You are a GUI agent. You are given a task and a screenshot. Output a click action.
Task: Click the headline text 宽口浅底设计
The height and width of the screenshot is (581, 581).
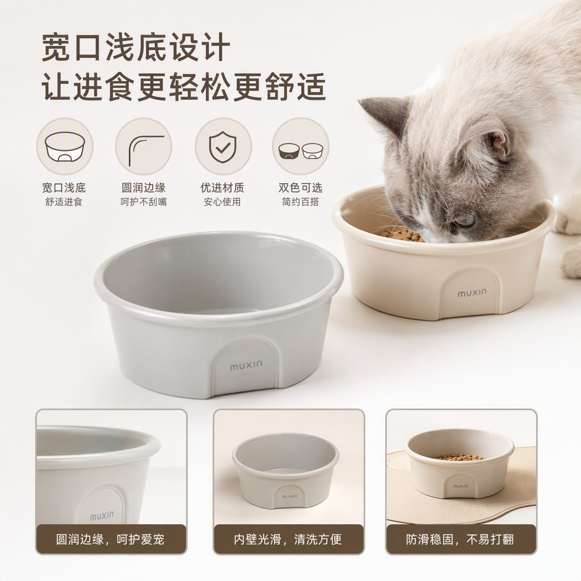[136, 47]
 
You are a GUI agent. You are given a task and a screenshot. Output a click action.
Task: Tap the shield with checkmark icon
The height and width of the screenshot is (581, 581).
[222, 146]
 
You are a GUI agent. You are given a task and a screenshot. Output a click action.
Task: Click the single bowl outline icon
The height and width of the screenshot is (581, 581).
[65, 147]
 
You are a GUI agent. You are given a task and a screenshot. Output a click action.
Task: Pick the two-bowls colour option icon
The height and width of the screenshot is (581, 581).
[301, 150]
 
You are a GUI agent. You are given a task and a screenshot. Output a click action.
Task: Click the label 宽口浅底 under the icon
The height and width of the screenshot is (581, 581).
[64, 188]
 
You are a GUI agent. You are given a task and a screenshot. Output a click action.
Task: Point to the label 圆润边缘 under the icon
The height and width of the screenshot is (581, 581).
[144, 188]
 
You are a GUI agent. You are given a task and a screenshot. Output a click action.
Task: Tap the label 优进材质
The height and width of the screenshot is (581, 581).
[222, 188]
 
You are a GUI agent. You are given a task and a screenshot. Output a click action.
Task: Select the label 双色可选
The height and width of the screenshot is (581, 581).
[301, 188]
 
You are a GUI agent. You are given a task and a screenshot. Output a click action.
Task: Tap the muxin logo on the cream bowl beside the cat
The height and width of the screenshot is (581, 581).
[471, 293]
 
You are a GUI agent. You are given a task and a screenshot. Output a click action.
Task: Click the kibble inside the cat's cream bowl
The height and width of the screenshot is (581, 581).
[403, 234]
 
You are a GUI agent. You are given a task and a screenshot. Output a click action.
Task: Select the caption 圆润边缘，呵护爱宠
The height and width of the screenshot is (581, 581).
[110, 539]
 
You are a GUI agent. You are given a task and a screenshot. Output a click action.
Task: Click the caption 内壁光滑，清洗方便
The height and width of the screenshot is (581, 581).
[288, 539]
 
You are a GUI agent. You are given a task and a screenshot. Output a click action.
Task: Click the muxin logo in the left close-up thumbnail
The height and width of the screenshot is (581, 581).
[102, 516]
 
